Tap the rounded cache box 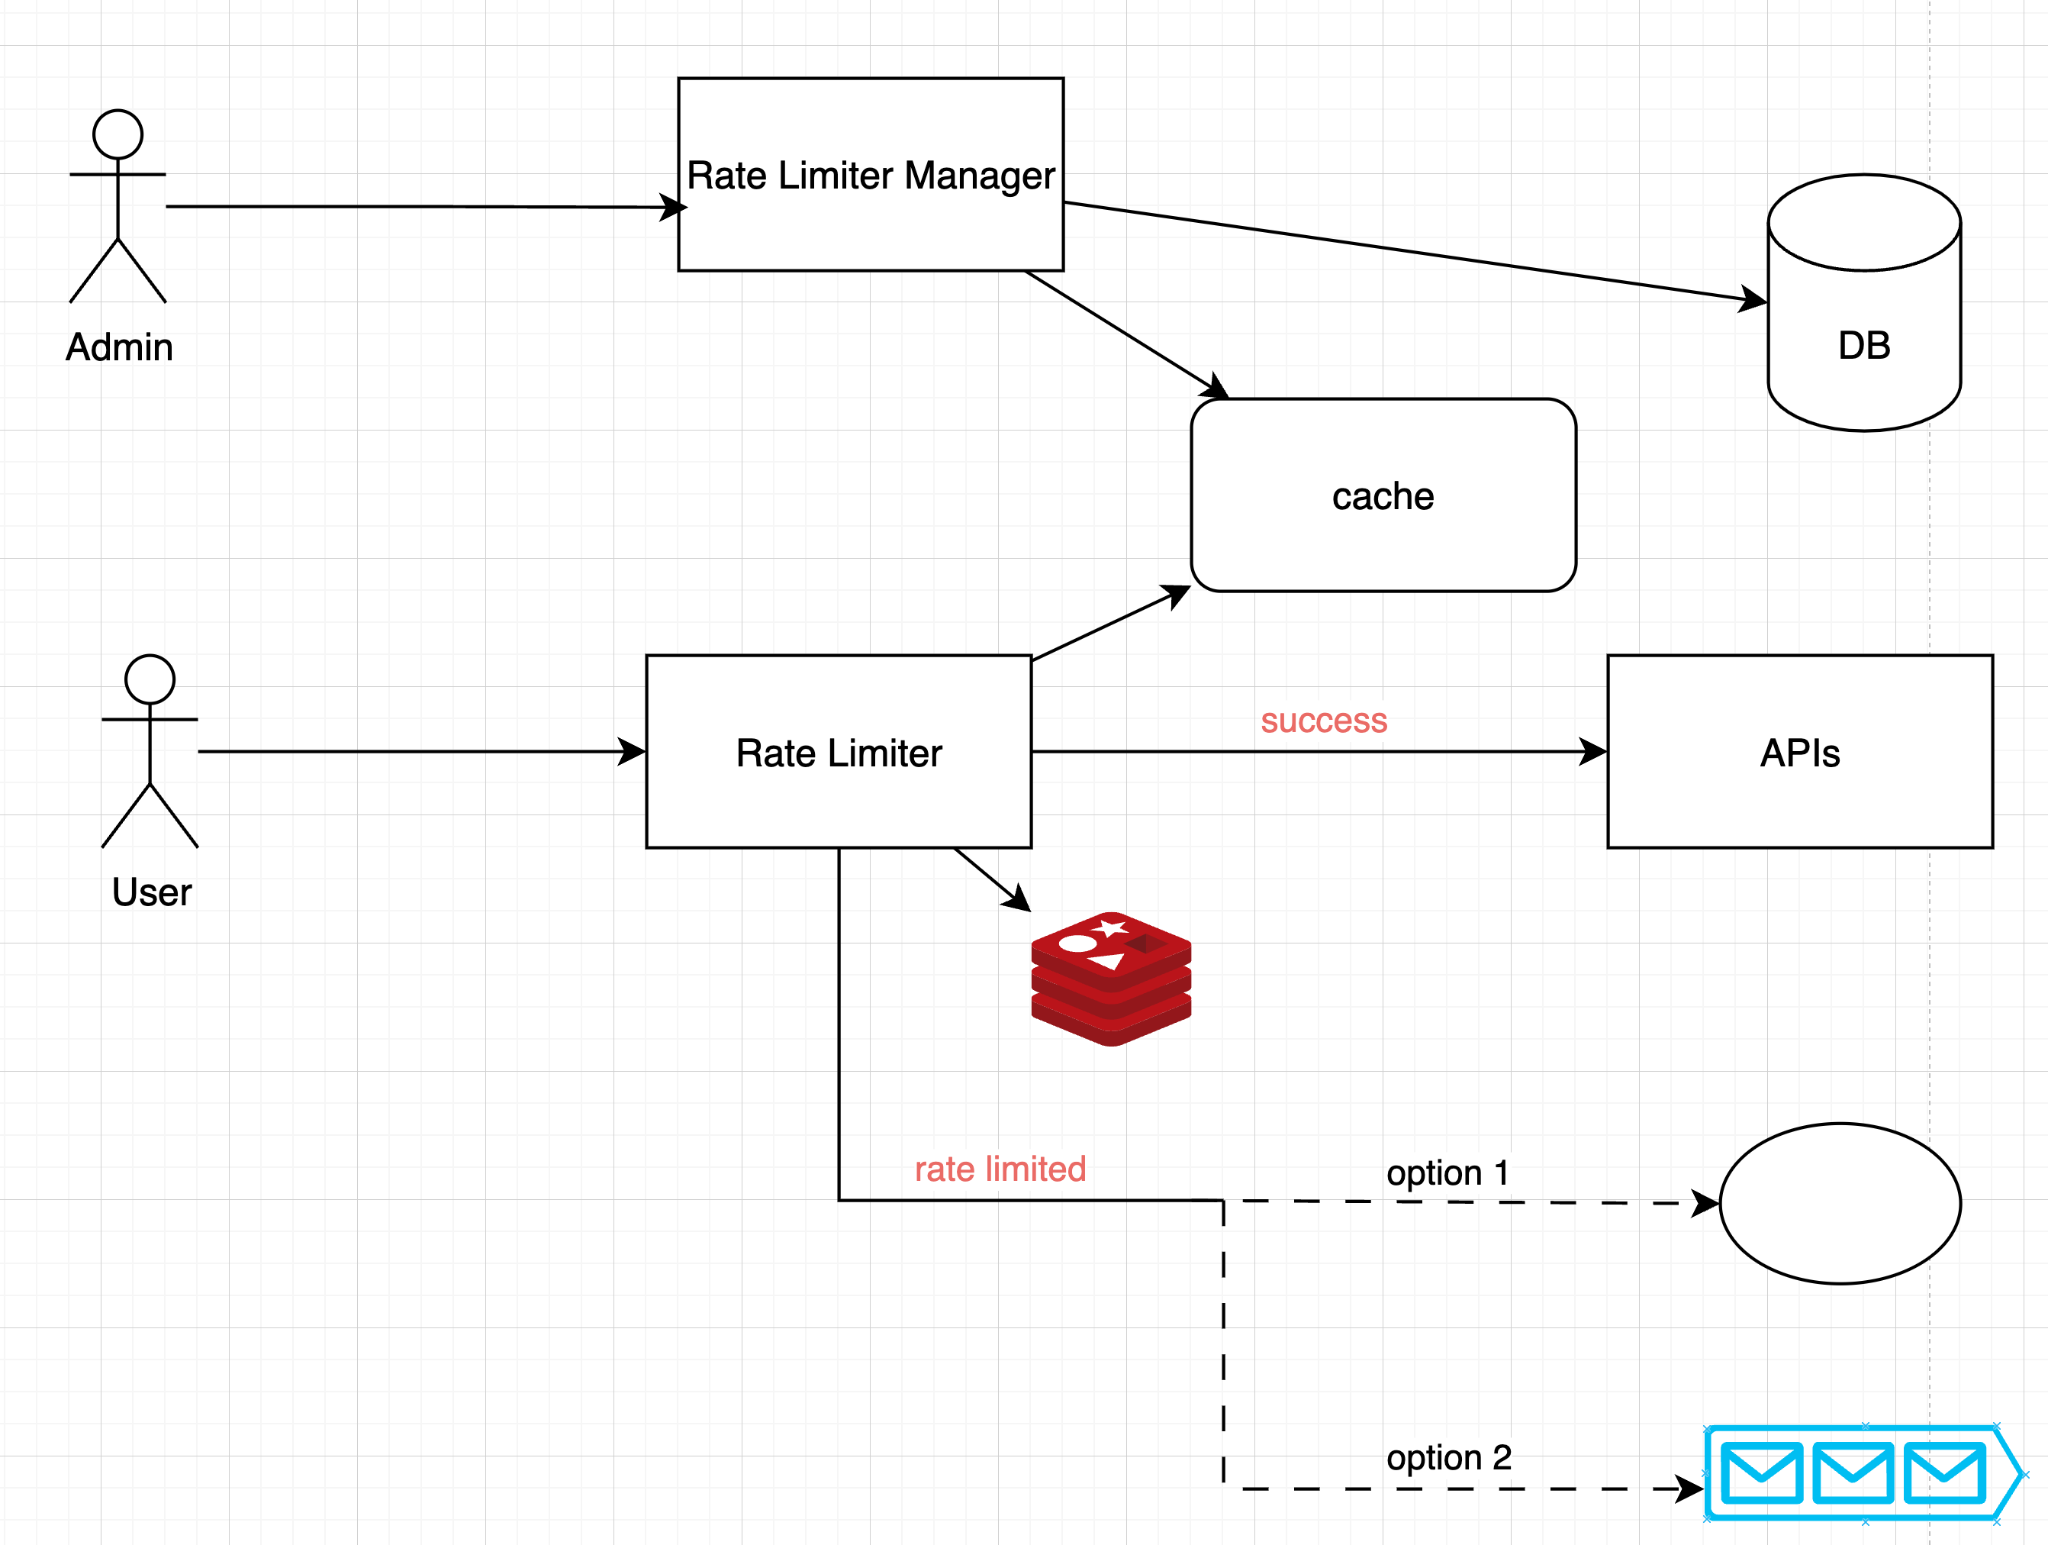click(1383, 495)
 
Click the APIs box click(1800, 752)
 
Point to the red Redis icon click(1111, 979)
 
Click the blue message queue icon click(1861, 1472)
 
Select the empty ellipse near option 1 click(1840, 1203)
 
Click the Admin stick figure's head click(118, 134)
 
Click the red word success click(1324, 721)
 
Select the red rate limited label click(1000, 1169)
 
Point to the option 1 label click(1448, 1172)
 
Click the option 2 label click(1449, 1457)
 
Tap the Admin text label click(120, 347)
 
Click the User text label click(152, 892)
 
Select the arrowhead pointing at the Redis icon click(1019, 899)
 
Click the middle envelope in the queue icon click(1852, 1472)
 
